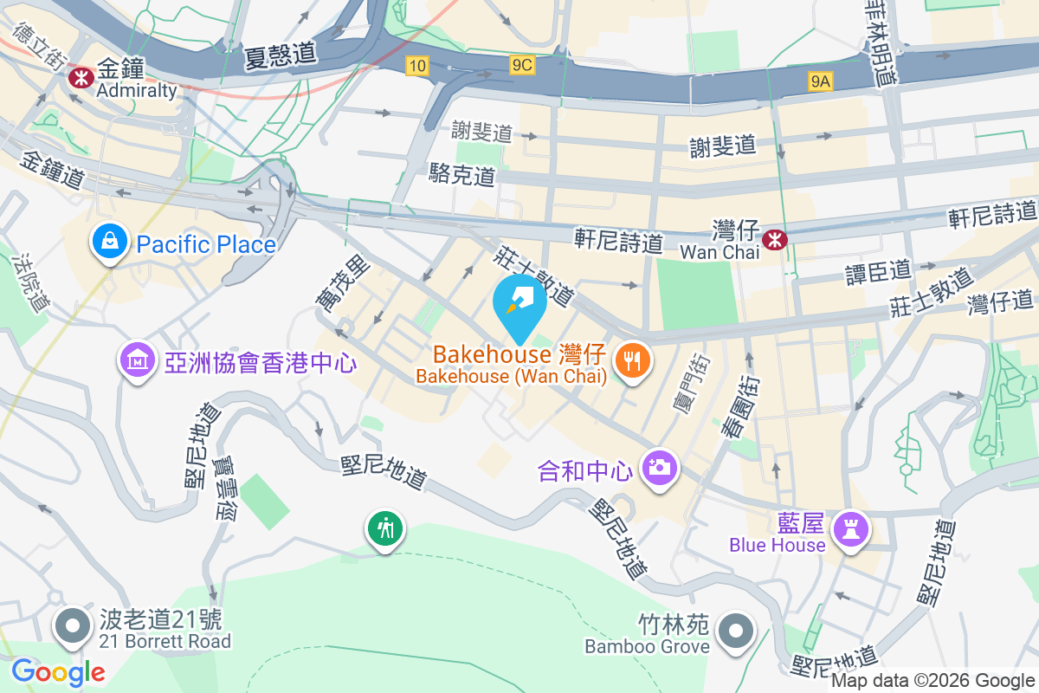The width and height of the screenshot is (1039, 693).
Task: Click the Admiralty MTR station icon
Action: coord(82,77)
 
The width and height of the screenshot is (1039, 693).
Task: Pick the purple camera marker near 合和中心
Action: coord(659,469)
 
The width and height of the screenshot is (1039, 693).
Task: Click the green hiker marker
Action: coord(384,528)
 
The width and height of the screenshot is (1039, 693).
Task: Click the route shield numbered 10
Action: coord(417,65)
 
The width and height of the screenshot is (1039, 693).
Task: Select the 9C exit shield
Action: coord(522,65)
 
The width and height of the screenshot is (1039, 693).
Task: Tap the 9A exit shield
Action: coord(820,81)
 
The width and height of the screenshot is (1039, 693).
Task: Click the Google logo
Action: coord(58,671)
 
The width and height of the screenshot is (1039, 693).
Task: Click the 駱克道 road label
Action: coord(462,176)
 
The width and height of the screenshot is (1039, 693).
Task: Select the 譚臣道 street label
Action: coord(878,271)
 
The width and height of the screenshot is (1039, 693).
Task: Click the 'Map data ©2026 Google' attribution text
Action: coord(933,681)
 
